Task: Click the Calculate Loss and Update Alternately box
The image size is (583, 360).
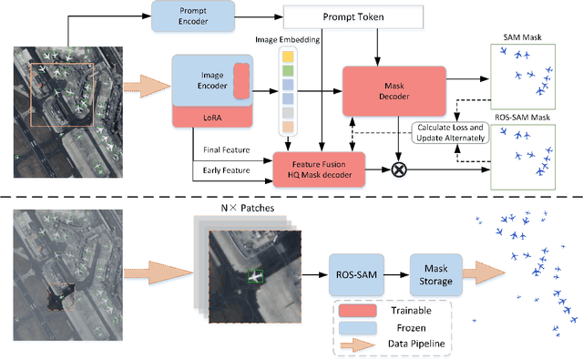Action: point(450,133)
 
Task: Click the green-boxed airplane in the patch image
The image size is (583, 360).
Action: point(257,274)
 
